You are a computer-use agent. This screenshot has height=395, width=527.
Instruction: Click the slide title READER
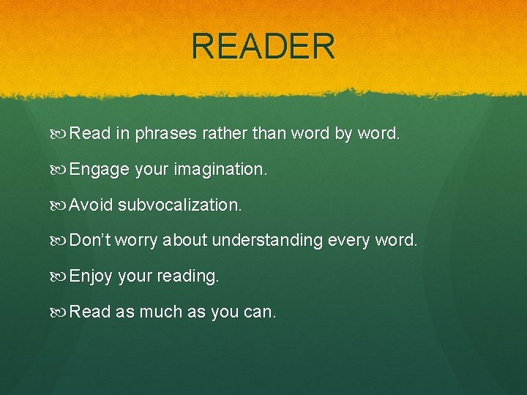click(x=263, y=46)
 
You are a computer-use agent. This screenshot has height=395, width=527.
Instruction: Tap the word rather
click(x=221, y=134)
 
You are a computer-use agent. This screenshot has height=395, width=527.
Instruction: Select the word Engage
click(x=99, y=170)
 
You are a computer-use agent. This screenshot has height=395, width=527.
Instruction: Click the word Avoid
click(x=91, y=205)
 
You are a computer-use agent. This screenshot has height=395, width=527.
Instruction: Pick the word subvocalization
click(x=179, y=205)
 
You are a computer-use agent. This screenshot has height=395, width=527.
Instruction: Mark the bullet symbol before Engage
click(x=60, y=170)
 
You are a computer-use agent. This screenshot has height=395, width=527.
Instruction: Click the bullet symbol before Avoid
click(x=60, y=205)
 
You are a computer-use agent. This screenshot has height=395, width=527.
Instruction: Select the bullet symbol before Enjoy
click(x=60, y=276)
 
